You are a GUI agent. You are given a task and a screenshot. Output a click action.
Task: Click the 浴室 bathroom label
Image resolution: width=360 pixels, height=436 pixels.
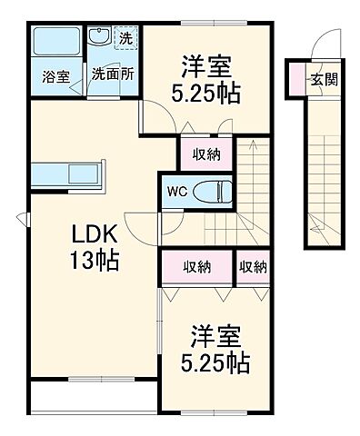pyautogui.click(x=55, y=77)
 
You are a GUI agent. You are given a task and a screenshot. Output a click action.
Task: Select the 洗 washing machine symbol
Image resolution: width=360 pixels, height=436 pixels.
pyautogui.click(x=126, y=39)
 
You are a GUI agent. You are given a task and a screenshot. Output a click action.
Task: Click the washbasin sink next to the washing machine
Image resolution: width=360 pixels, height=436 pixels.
pyautogui.click(x=100, y=38)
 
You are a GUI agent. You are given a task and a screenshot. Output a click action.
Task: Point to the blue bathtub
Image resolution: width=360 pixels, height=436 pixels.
pyautogui.click(x=55, y=43)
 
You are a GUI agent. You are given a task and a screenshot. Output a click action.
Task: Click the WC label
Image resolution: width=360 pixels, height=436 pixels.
pyautogui.click(x=176, y=192)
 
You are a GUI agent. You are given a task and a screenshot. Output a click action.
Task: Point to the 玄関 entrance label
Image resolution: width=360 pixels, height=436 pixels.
pyautogui.click(x=324, y=79)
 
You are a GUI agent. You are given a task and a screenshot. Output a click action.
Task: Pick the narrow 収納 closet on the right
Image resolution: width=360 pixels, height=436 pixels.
pyautogui.click(x=254, y=267)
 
